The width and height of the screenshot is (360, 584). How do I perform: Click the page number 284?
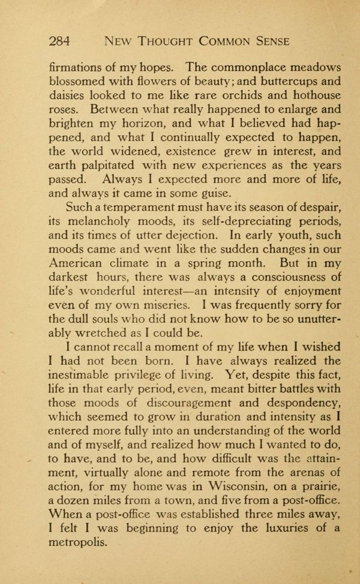[60, 41]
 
